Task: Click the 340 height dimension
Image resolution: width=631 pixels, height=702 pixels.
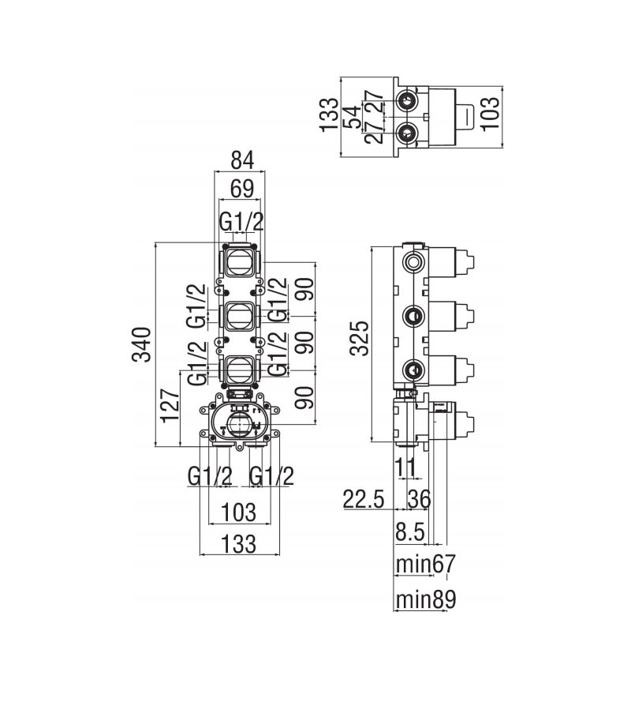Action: [x=143, y=344]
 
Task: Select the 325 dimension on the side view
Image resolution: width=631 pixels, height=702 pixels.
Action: [x=360, y=337]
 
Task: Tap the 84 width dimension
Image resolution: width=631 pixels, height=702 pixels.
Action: [x=242, y=160]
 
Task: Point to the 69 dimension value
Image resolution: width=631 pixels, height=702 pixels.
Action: [x=242, y=189]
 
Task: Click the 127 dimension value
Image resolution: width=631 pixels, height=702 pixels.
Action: [x=171, y=406]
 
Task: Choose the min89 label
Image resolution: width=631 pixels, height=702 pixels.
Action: [x=426, y=599]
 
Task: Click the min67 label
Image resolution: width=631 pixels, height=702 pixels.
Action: [x=425, y=564]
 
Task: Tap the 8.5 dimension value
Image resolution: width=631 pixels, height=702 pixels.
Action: [x=410, y=532]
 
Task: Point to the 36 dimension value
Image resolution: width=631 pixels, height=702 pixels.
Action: [x=420, y=499]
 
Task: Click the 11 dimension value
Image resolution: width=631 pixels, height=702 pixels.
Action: [x=405, y=467]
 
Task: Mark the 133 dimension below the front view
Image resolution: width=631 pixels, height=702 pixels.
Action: [x=239, y=544]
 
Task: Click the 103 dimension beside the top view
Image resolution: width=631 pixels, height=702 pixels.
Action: [x=491, y=113]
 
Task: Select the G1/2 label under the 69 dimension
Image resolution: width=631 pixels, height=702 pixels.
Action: [x=242, y=221]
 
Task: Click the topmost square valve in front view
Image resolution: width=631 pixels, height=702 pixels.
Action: [x=239, y=262]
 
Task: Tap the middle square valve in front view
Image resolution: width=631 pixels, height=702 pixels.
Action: [x=239, y=315]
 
